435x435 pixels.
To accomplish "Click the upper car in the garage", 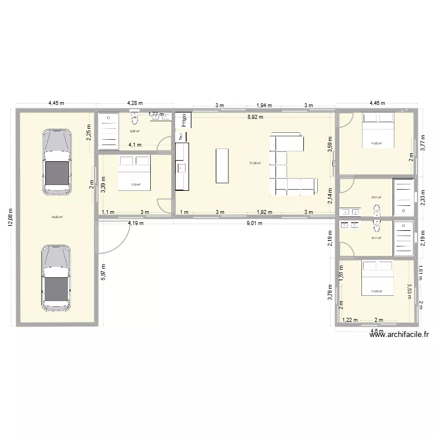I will coord(56,162).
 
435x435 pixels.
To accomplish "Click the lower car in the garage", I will coord(56,276).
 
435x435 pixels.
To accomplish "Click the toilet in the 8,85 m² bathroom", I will coord(135,119).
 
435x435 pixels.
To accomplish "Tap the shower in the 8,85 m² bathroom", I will coord(108,131).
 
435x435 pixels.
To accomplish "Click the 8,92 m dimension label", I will coord(256,117).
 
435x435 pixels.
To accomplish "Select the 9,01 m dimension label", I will coord(255,222).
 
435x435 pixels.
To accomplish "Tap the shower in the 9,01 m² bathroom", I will coord(404,197).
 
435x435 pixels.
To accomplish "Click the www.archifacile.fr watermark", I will coord(400,334).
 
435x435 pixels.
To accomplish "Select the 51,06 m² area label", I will coord(255,164).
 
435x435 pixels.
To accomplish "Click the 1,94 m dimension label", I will coord(264,106).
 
